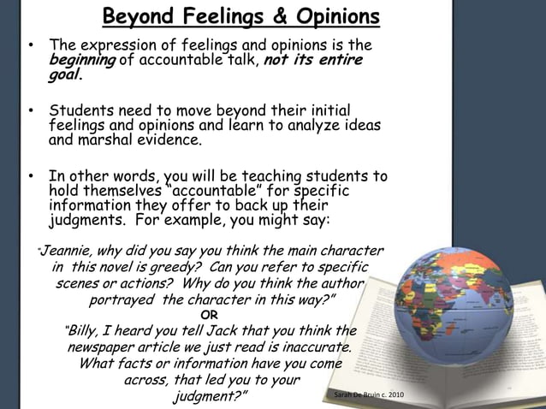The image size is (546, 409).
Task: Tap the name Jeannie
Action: (x=65, y=251)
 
